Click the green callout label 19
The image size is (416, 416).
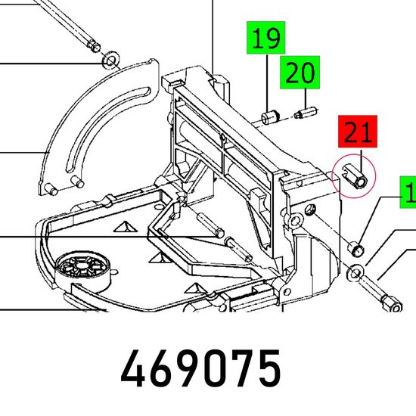[x=265, y=38]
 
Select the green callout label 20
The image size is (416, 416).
[x=300, y=73]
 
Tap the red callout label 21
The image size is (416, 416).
[x=358, y=132]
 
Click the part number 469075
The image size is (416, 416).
[x=201, y=369]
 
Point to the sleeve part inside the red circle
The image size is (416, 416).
[x=355, y=176]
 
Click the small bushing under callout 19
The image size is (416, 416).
[x=270, y=117]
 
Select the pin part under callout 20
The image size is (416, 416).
[x=306, y=113]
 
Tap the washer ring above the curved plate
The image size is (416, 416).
[x=110, y=61]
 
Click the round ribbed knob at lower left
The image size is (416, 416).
[x=82, y=268]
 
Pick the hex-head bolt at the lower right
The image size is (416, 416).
[x=380, y=294]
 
